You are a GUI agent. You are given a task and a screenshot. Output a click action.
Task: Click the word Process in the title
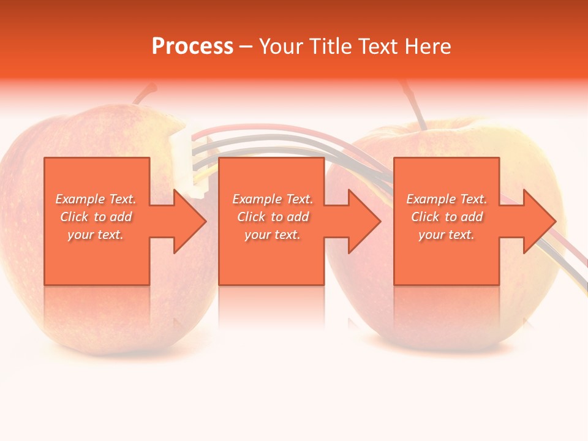(x=192, y=47)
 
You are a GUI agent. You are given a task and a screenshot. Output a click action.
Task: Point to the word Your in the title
(x=281, y=47)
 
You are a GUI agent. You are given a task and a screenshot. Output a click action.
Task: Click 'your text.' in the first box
(x=96, y=235)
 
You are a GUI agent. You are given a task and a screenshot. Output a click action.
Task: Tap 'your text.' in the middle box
(x=272, y=235)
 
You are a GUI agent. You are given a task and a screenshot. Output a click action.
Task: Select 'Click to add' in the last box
(x=447, y=217)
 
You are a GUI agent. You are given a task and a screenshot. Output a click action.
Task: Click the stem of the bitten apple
(x=145, y=94)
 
